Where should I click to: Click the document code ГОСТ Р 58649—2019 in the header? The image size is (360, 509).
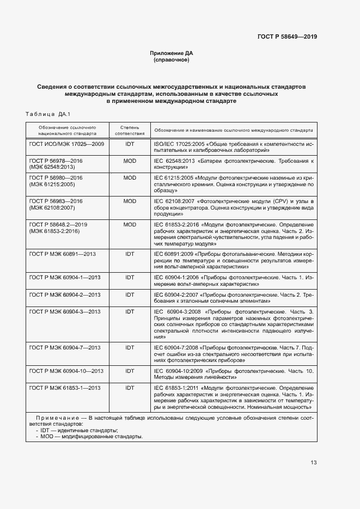(x=287, y=37)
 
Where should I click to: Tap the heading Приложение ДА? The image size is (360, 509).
(x=172, y=53)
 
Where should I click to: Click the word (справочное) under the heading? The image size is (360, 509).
(x=172, y=60)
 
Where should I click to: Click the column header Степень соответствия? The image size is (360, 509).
(x=130, y=130)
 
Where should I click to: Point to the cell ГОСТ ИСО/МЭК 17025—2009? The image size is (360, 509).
(x=66, y=144)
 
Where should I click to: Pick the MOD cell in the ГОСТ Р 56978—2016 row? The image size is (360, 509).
(x=130, y=161)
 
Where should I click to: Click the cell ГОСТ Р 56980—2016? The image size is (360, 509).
(x=56, y=178)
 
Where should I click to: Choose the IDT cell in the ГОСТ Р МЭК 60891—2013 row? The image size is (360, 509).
(x=130, y=254)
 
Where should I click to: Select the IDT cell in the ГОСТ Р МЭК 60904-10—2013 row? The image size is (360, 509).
(x=130, y=371)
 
